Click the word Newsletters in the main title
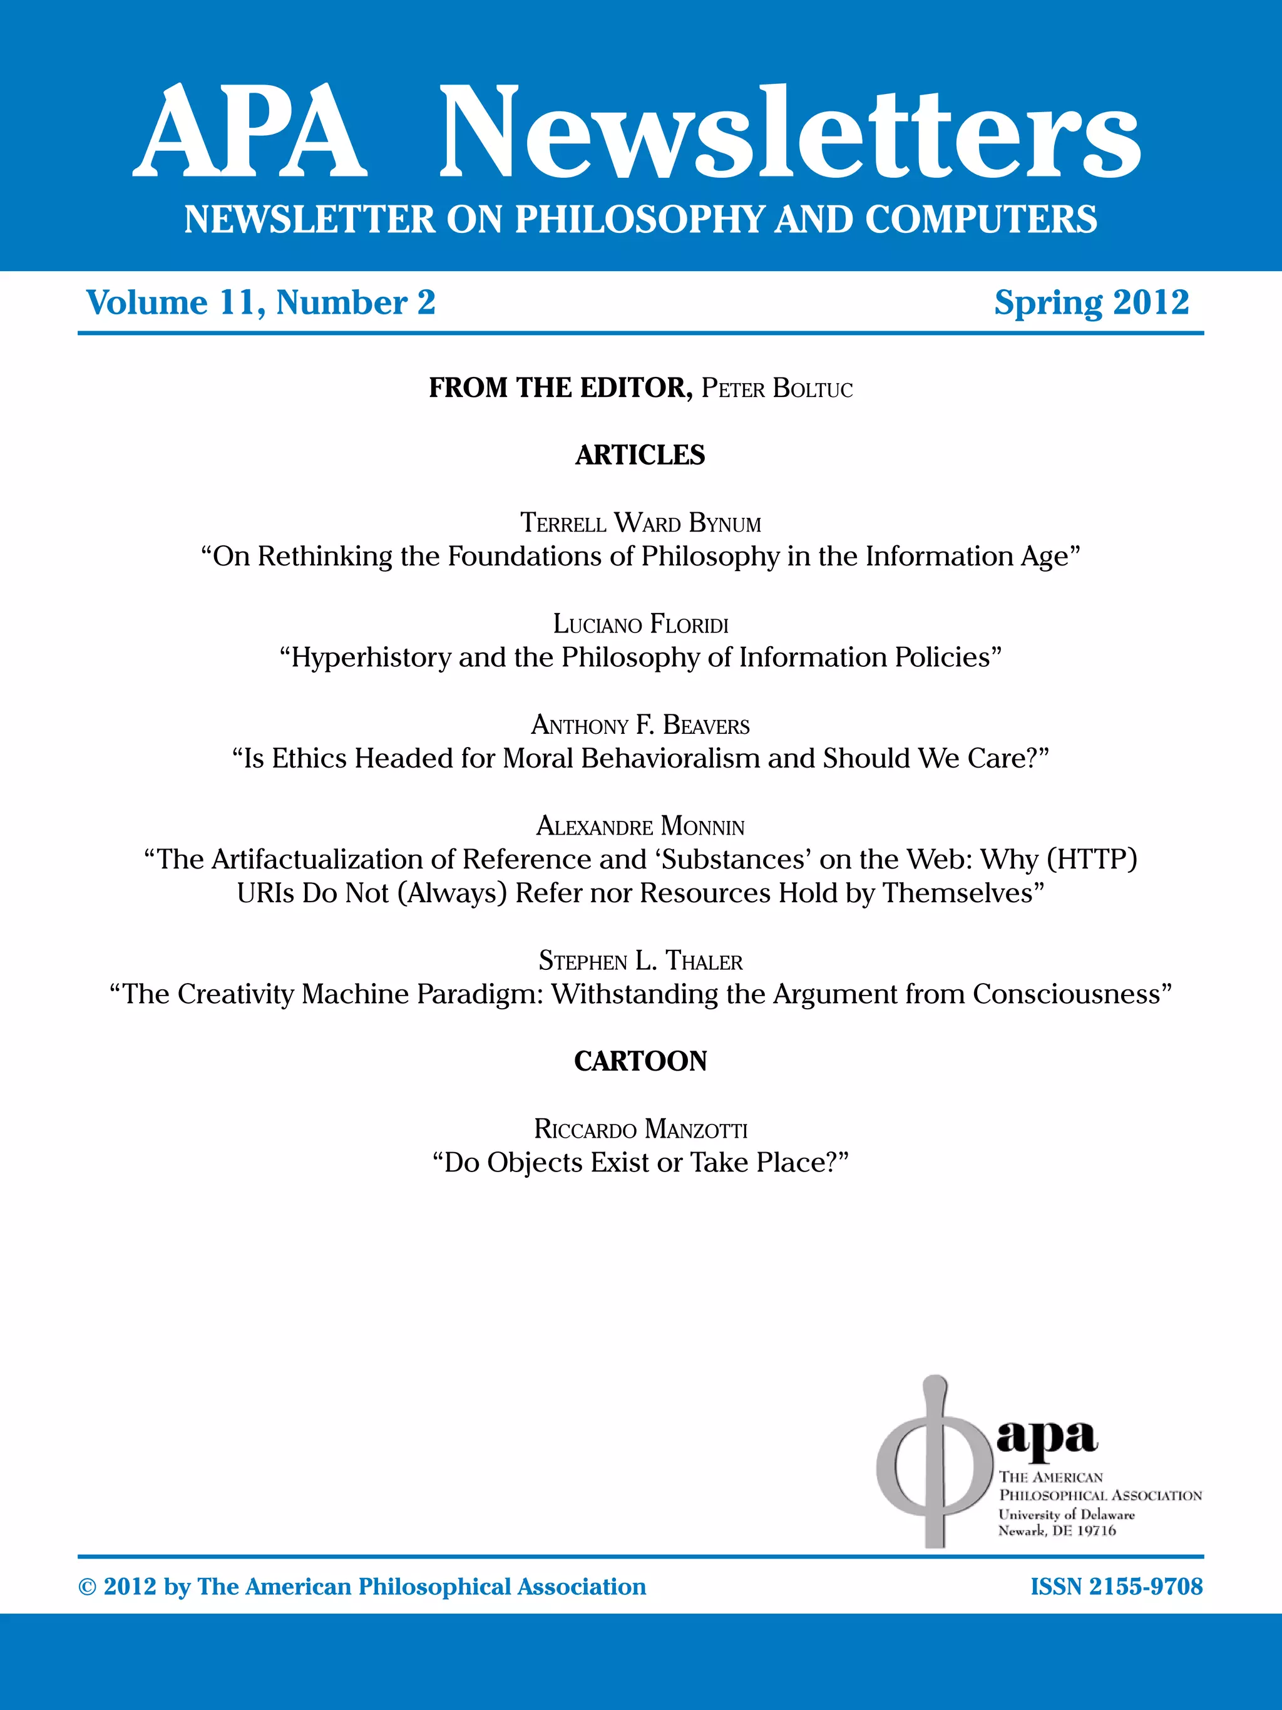click(x=790, y=133)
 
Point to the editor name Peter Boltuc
click(x=777, y=388)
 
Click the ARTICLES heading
click(x=640, y=455)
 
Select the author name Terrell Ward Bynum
click(x=640, y=523)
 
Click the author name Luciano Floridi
click(x=640, y=624)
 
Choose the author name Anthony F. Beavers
click(x=640, y=725)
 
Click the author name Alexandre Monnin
click(x=640, y=827)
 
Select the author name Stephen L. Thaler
click(x=640, y=961)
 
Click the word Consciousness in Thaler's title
click(x=1067, y=994)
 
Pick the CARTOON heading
click(x=640, y=1061)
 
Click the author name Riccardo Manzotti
click(x=640, y=1130)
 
